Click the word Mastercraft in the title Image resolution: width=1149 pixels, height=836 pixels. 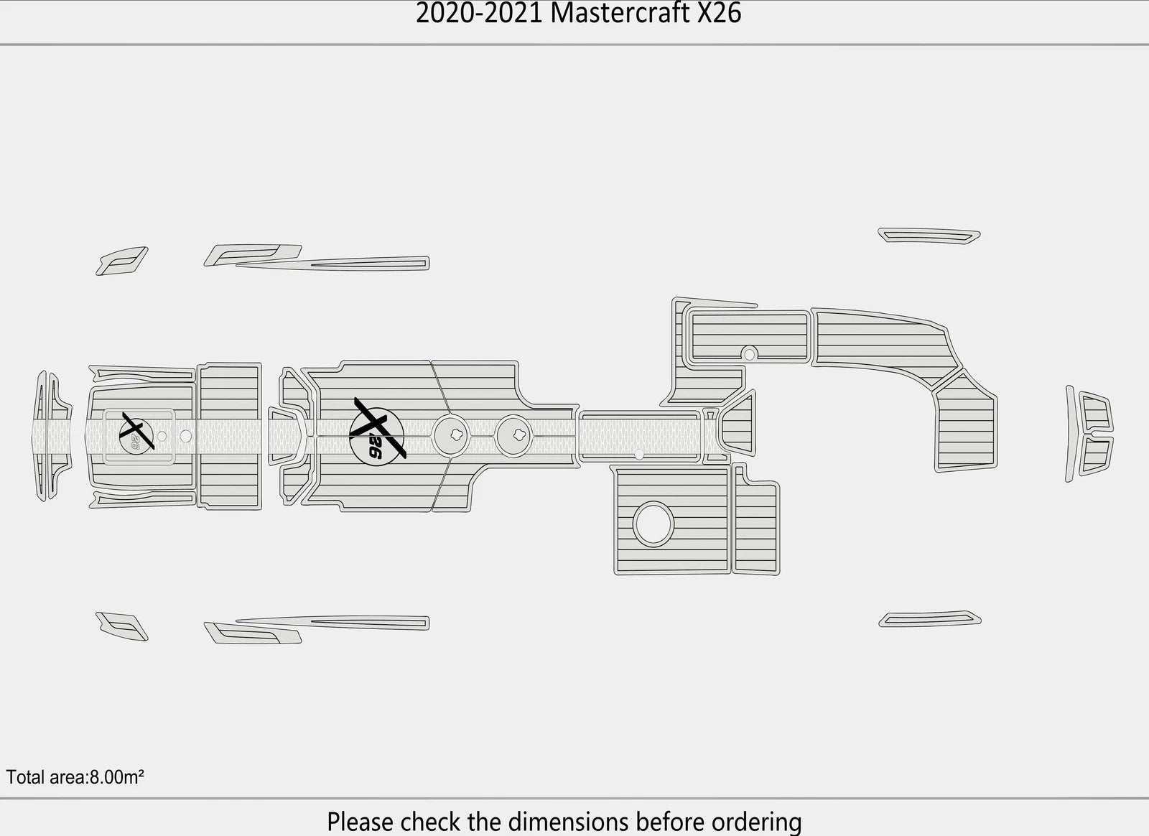tap(620, 14)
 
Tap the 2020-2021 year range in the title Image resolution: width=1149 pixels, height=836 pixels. tap(479, 14)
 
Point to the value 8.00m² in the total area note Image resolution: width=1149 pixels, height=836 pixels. tap(117, 778)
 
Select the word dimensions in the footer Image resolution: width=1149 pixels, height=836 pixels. tap(568, 822)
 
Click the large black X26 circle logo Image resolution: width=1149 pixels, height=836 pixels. tap(378, 436)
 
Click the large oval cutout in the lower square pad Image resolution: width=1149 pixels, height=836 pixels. tap(653, 524)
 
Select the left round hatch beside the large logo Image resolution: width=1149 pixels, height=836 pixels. tap(451, 435)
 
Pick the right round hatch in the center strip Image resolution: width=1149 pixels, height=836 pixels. tap(514, 435)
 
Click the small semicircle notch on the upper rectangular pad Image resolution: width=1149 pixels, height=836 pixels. tap(750, 353)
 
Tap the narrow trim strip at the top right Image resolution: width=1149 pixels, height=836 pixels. tap(929, 236)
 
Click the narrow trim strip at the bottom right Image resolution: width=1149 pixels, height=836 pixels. tap(930, 619)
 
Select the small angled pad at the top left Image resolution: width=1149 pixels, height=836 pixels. tap(121, 261)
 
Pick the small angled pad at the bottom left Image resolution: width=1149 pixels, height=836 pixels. tap(121, 626)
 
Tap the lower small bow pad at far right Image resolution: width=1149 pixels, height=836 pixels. tap(1096, 456)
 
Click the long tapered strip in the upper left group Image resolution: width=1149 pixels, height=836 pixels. tap(332, 264)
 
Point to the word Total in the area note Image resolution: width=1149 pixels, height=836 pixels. tap(25, 778)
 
